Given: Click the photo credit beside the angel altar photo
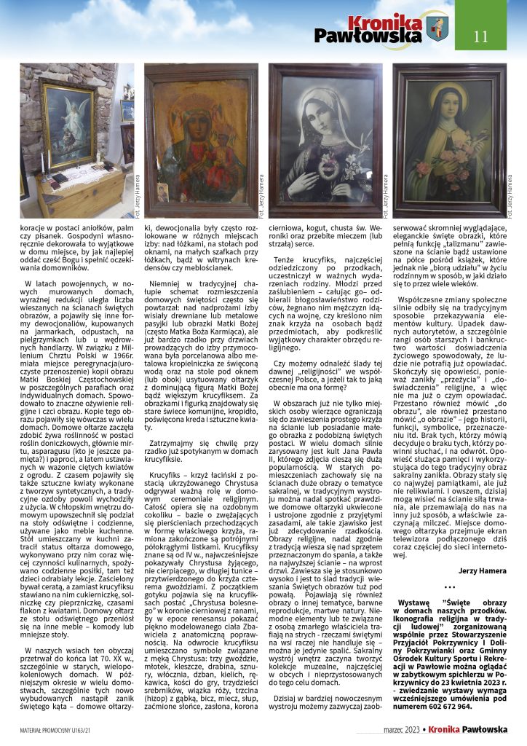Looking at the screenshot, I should (138, 197).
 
